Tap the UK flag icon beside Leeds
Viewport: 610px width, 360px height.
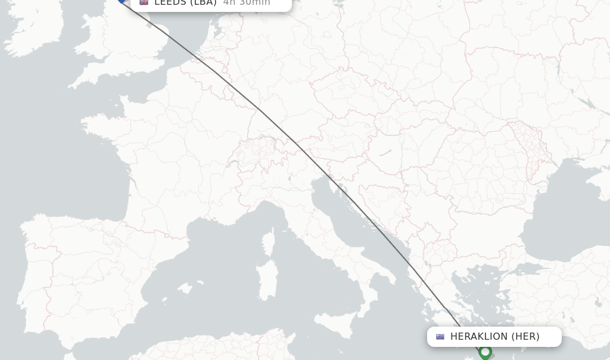[x=144, y=2]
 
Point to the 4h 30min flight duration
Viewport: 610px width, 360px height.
[x=247, y=3]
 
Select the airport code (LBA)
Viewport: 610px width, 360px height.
[x=203, y=3]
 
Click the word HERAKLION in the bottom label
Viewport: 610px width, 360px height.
[x=478, y=337]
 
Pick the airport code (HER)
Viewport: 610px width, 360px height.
[x=525, y=337]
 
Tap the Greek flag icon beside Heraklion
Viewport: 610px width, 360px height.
[x=440, y=337]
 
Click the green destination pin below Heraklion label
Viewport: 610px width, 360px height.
[x=485, y=352]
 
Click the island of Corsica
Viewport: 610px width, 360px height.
[x=269, y=244]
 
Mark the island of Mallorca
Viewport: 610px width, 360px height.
[x=185, y=290]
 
